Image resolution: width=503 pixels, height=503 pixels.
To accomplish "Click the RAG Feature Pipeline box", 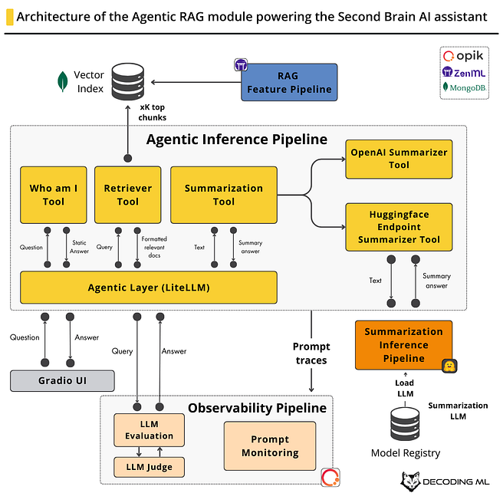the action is tap(289, 83).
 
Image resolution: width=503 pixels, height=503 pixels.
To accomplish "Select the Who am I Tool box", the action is tap(53, 195).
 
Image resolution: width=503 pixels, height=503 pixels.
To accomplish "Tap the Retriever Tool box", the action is tap(128, 195).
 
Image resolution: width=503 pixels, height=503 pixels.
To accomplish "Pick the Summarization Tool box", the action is tap(224, 195).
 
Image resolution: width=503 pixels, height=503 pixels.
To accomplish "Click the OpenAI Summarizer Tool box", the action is tap(399, 159).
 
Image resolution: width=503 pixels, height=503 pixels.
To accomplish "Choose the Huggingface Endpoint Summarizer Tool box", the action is tap(399, 227).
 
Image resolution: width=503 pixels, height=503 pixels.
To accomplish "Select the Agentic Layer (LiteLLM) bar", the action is tap(149, 288).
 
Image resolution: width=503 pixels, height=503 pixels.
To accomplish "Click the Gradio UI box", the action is tap(62, 381).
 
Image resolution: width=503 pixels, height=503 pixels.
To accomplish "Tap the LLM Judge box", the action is tap(149, 467).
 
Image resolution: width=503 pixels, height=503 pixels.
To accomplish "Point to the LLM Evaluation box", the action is tap(149, 430).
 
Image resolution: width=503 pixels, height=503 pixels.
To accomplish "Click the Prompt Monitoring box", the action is tap(270, 446).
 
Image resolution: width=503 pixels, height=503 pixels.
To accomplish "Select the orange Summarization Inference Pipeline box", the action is tap(403, 345).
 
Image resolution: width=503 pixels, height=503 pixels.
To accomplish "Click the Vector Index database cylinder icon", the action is tap(128, 81).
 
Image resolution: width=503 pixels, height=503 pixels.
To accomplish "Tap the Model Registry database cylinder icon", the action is tap(405, 424).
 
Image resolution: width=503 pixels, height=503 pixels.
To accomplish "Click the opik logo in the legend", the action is tap(463, 56).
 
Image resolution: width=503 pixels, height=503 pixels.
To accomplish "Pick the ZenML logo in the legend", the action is tap(464, 73).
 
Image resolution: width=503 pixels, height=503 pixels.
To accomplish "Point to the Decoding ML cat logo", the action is tap(411, 482).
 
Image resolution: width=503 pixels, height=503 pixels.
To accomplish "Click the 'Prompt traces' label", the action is tap(311, 353).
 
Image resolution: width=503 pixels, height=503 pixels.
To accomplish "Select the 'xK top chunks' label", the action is tap(153, 112).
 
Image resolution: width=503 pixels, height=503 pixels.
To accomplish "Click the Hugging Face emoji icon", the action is tap(449, 366).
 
